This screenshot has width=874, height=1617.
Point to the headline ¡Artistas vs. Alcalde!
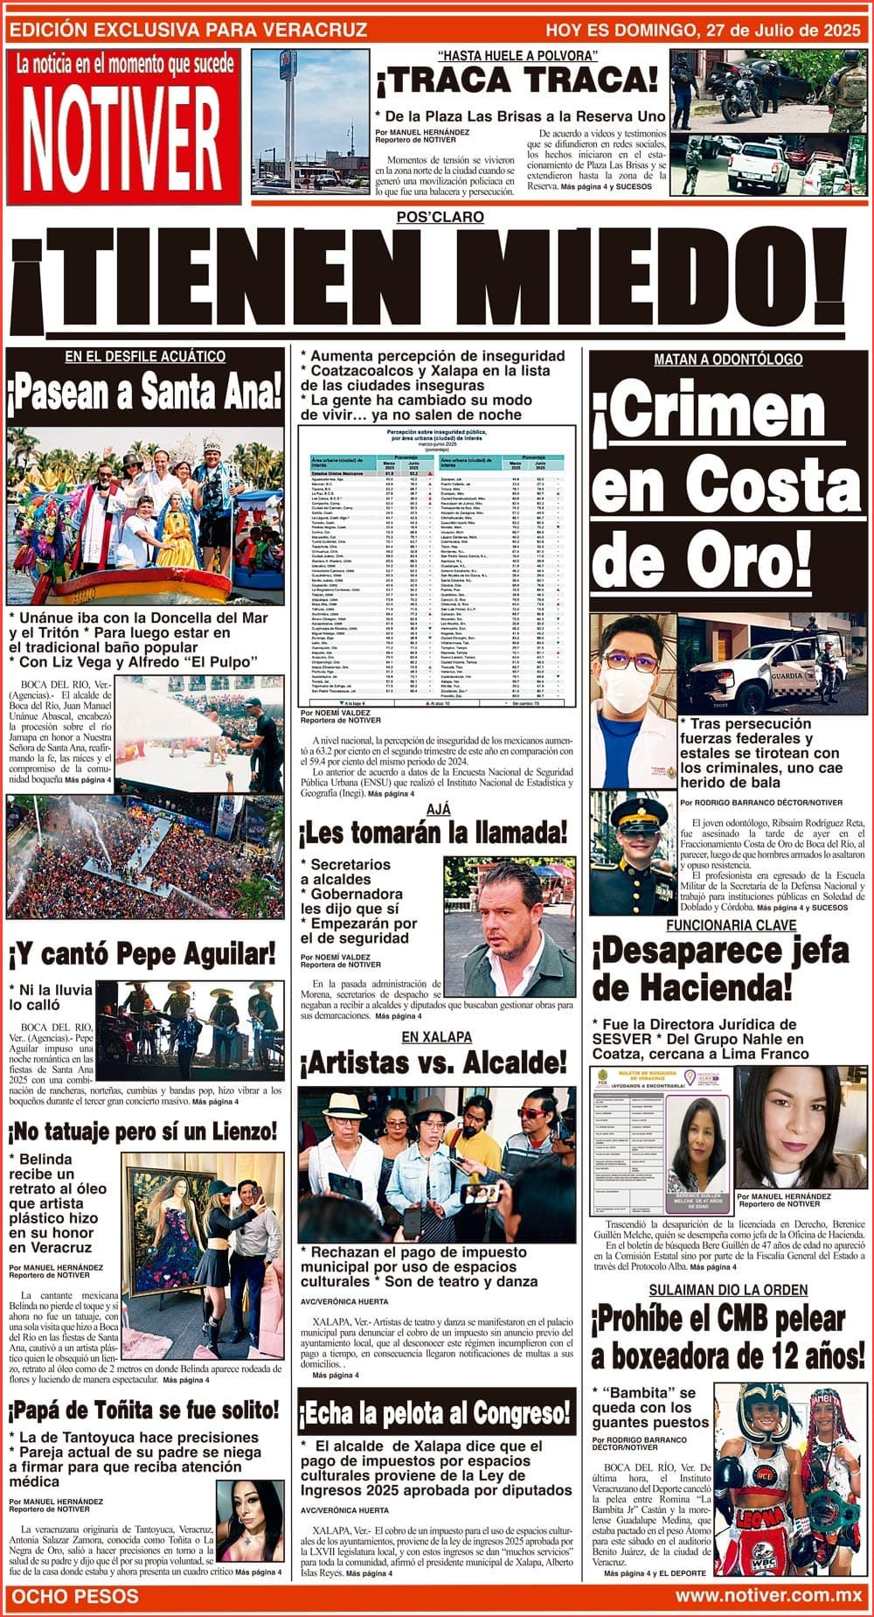click(434, 1063)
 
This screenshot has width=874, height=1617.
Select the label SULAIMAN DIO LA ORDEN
click(727, 1290)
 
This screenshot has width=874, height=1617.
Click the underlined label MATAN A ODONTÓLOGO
click(728, 359)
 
